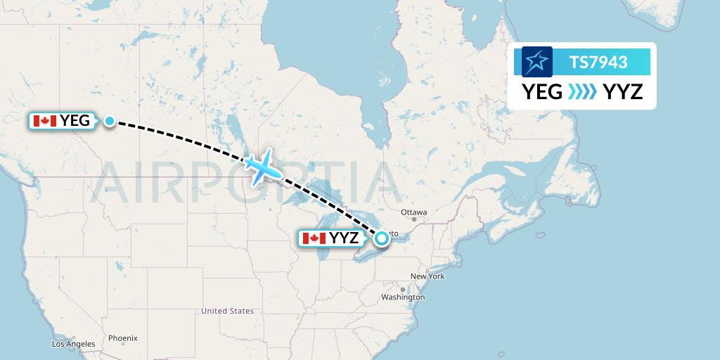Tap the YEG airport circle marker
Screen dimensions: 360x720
110,121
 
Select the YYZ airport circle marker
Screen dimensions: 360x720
381,238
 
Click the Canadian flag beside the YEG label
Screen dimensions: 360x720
45,121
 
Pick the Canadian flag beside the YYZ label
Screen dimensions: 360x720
314,238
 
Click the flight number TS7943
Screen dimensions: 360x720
598,63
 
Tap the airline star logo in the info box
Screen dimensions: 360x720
537,62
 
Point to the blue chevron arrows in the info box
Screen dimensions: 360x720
583,91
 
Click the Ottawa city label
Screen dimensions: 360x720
414,212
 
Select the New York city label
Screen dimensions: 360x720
427,276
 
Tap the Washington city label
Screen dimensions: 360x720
403,297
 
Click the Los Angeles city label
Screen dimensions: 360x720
74,344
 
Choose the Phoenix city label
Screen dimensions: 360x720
122,338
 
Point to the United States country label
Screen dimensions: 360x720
227,311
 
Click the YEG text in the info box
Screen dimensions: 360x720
541,91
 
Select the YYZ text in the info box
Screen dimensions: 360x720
623,91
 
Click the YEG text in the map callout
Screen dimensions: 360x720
75,121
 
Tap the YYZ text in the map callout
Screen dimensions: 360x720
344,238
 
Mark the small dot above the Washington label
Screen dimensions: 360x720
402,290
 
